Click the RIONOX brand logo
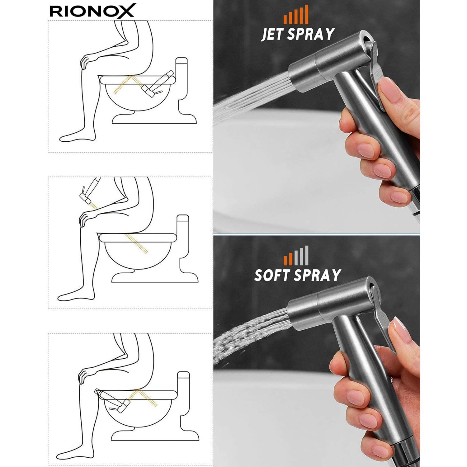(x=92, y=11)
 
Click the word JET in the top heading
(x=272, y=34)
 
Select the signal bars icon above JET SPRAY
(x=296, y=15)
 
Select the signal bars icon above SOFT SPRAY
(x=296, y=256)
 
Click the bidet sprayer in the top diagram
(x=157, y=84)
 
